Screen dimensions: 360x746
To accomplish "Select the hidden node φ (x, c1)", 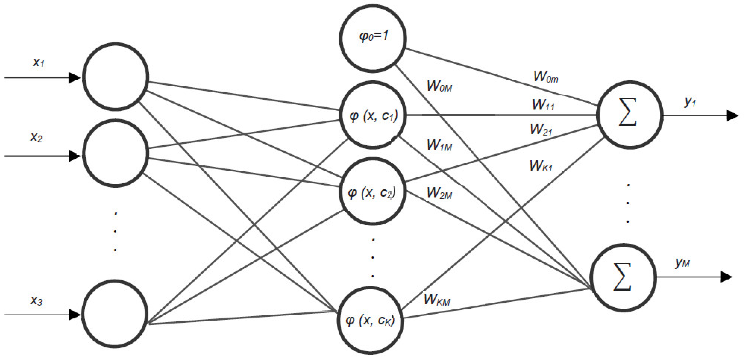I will pos(373,115).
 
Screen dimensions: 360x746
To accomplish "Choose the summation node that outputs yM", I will pos(623,277).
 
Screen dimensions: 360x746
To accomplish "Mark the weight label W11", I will pos(543,105).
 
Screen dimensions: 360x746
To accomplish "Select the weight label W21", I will pos(541,130).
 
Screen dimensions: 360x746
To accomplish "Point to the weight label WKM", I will pos(437,300).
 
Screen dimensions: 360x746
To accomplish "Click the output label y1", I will pos(690,102).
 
